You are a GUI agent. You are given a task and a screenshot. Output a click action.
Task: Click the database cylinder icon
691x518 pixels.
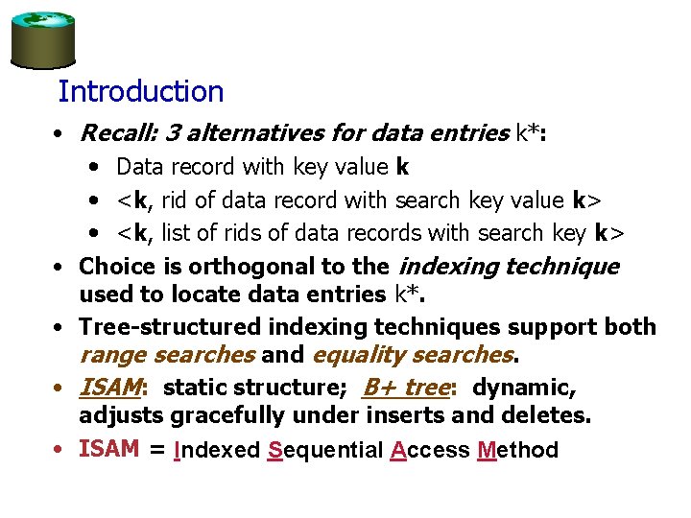pos(42,39)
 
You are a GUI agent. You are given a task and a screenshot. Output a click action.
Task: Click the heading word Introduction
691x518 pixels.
pos(140,92)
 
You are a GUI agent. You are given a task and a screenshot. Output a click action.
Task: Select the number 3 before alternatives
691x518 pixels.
pos(173,132)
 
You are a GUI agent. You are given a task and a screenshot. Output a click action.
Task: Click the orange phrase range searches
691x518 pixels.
pos(167,355)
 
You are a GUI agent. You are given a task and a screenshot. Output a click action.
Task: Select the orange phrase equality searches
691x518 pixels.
pos(411,355)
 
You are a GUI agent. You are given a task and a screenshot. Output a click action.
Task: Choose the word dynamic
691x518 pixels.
pos(524,388)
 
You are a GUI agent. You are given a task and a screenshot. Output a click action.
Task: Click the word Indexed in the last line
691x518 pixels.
pos(216,450)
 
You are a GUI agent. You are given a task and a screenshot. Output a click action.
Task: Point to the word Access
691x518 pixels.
pos(430,450)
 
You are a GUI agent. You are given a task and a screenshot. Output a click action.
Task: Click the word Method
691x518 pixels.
pos(516,450)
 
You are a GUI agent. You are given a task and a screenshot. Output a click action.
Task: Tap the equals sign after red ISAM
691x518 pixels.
pos(156,450)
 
